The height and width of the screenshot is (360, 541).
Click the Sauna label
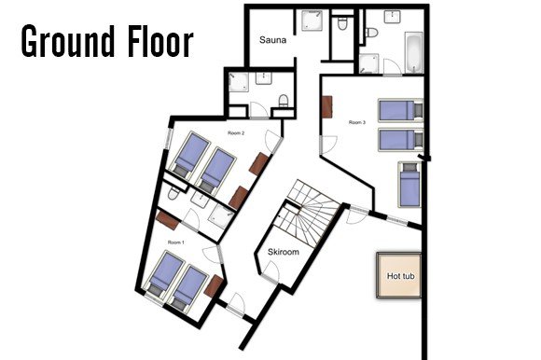(x=272, y=40)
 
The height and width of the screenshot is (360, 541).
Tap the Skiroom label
(x=284, y=252)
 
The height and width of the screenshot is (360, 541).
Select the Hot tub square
(x=399, y=275)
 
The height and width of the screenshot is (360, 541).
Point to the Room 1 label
(x=176, y=242)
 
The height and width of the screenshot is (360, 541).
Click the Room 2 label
(x=236, y=133)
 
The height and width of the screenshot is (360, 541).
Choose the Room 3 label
(x=357, y=122)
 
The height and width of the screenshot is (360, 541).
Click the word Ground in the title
(x=68, y=41)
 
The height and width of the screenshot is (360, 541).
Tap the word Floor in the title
(x=160, y=41)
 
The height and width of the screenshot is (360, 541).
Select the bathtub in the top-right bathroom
(x=414, y=52)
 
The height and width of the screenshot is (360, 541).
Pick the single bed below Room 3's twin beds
(x=409, y=185)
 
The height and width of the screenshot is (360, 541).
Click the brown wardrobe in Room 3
(x=326, y=107)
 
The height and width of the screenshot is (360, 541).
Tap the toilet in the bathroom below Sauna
(x=284, y=101)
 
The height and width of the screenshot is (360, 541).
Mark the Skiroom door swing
(x=271, y=269)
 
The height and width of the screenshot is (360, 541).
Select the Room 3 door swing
(x=329, y=145)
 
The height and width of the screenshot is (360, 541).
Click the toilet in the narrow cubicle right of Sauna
(x=342, y=24)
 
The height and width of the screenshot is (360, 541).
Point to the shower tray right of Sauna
(x=312, y=21)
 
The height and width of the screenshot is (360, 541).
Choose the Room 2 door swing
(x=273, y=141)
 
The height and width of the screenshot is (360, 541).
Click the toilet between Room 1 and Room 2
(x=173, y=194)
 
